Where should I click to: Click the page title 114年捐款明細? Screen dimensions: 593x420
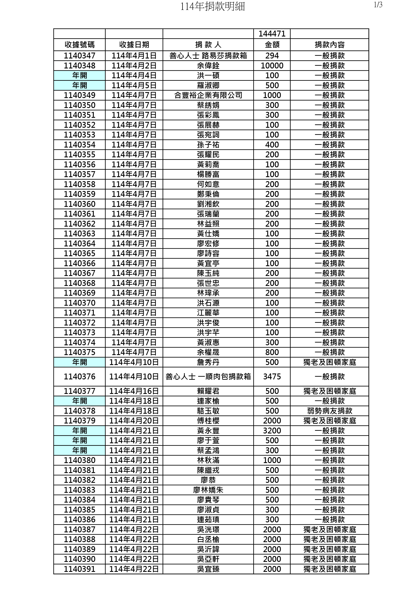[212, 6]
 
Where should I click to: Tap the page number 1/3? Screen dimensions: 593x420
[378, 5]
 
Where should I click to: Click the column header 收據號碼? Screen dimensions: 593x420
[79, 45]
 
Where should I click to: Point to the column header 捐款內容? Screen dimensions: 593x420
[330, 45]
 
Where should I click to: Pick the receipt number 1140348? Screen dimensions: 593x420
[79, 66]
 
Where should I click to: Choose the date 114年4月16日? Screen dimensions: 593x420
[134, 391]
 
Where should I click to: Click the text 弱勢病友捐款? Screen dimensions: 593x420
[330, 411]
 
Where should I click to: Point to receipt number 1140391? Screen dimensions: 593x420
[79, 569]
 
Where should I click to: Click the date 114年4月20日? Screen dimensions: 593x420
[134, 421]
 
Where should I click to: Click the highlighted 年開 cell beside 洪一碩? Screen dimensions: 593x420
[79, 76]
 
